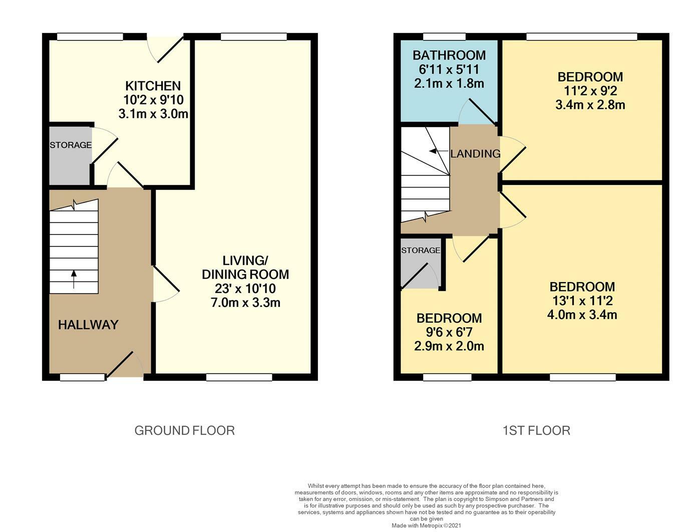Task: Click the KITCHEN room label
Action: [x=153, y=86]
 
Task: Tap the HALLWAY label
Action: [x=88, y=325]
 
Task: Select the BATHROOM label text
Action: [x=449, y=55]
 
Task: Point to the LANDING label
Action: [x=475, y=153]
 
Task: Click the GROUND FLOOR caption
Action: [x=184, y=430]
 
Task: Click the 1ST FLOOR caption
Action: [x=536, y=430]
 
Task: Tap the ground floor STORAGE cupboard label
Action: [x=71, y=145]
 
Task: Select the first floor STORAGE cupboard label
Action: [x=421, y=250]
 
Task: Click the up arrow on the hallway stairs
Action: [x=74, y=279]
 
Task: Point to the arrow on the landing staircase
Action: [x=439, y=151]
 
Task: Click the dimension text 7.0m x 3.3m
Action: [x=245, y=302]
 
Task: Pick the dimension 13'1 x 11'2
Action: [x=582, y=300]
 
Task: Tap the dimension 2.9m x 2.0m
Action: [x=449, y=346]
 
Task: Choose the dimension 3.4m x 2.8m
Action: [x=590, y=104]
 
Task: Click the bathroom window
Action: [x=444, y=37]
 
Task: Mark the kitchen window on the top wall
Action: [x=90, y=37]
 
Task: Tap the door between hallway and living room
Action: [x=166, y=284]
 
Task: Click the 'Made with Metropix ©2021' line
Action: [x=426, y=526]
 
